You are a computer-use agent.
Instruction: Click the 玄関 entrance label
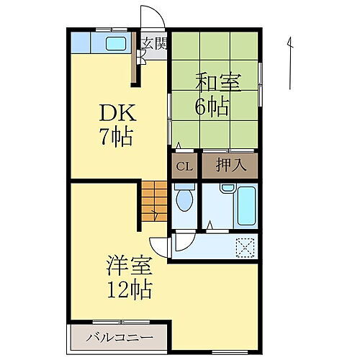click(x=153, y=43)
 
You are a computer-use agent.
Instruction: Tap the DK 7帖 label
click(x=117, y=124)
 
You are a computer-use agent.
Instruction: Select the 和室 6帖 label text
click(x=214, y=95)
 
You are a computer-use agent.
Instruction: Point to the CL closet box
click(x=185, y=166)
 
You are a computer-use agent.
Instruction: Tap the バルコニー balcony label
click(x=119, y=337)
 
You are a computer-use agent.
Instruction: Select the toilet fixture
click(x=185, y=199)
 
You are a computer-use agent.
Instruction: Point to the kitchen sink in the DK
click(x=115, y=43)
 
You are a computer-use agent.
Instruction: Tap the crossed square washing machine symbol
click(x=244, y=247)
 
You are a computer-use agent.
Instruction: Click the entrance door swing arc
click(x=150, y=16)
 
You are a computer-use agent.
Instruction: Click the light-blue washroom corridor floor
click(x=209, y=246)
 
